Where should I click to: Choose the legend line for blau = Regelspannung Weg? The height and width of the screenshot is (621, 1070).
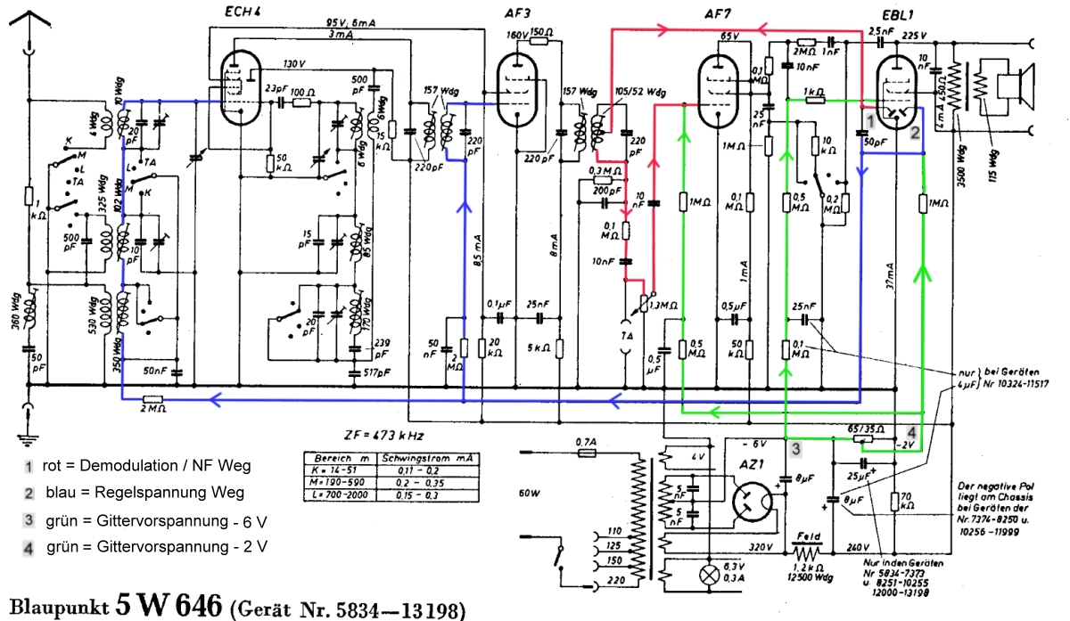pos(134,492)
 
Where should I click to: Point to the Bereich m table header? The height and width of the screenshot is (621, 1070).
pos(334,457)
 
